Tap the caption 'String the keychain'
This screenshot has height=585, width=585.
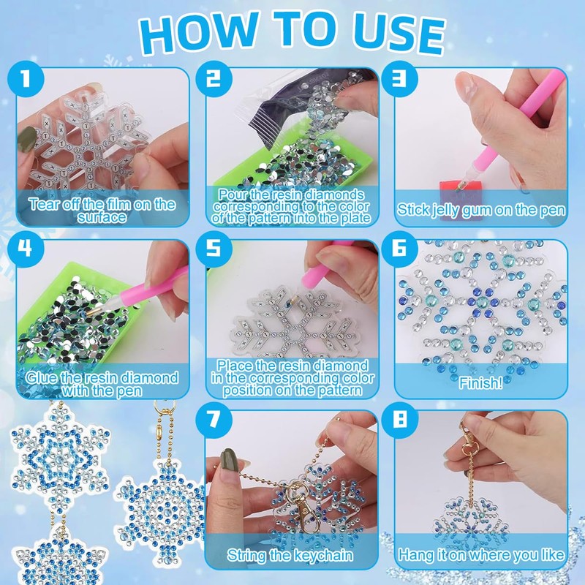[290, 555]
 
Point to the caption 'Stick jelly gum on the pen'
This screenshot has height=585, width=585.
[481, 211]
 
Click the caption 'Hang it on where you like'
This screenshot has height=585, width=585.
[481, 555]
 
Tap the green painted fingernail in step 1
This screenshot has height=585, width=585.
[28, 137]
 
